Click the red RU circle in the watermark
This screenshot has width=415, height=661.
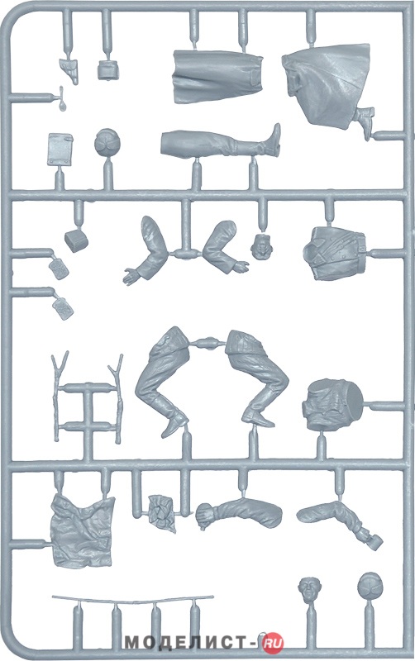[x=273, y=643]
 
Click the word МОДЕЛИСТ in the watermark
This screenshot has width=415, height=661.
[x=185, y=644]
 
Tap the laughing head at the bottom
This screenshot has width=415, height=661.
[x=308, y=588]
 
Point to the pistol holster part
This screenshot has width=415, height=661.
[x=69, y=69]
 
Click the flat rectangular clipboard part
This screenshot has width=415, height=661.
[x=60, y=149]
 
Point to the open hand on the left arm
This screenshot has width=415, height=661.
[x=132, y=275]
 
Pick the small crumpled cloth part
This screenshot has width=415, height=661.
[x=162, y=512]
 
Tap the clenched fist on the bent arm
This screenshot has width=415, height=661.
[x=206, y=515]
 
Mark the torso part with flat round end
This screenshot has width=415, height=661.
[x=332, y=405]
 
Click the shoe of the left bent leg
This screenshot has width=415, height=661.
[x=174, y=423]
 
